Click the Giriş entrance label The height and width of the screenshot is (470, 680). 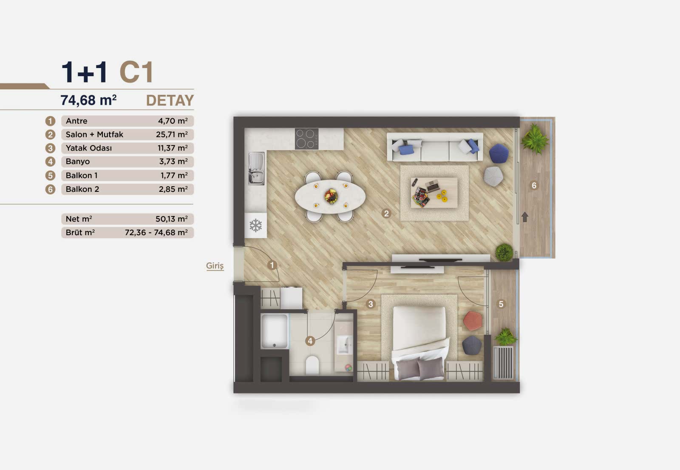click(215, 266)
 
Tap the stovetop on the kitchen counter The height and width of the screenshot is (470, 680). click(306, 139)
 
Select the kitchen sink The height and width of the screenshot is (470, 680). click(256, 168)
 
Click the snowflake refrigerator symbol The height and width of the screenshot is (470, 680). click(255, 225)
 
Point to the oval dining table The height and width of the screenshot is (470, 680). click(330, 197)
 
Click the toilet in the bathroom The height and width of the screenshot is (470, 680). click(312, 365)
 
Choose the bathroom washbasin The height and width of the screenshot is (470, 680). click(344, 345)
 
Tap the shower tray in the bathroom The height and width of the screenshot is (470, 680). click(275, 331)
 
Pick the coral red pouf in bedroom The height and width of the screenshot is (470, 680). click(472, 321)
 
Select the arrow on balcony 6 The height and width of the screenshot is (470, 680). click(525, 217)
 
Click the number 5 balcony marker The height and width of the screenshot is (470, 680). click(501, 304)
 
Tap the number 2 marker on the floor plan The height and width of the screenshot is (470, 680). click(386, 214)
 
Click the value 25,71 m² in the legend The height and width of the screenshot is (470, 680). click(172, 134)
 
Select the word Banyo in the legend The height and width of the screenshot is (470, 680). click(78, 162)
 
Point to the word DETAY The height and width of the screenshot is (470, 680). click(170, 100)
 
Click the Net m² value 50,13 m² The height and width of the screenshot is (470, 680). click(171, 219)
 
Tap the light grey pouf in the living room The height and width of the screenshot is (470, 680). click(493, 176)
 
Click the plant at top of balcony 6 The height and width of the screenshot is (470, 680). click(534, 137)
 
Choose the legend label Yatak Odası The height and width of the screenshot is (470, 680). click(89, 148)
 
